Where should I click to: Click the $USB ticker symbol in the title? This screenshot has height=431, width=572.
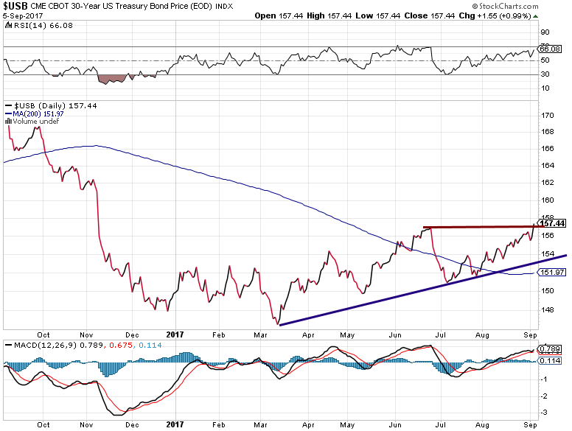tap(15, 6)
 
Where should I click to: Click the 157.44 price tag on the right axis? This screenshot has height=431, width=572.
tap(552, 222)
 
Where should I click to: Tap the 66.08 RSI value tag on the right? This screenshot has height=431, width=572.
tap(551, 49)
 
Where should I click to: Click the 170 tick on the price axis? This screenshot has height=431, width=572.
tap(547, 116)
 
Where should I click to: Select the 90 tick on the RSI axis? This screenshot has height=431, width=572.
tap(545, 32)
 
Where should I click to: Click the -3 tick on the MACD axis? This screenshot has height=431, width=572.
tap(545, 413)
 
